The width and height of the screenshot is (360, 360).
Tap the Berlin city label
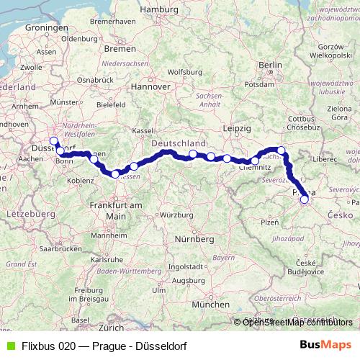(270, 65)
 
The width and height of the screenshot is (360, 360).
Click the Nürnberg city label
(197, 238)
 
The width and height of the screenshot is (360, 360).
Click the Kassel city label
(143, 130)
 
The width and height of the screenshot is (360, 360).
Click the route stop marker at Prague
(304, 199)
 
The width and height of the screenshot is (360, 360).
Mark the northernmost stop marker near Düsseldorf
(53, 141)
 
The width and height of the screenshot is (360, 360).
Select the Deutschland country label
(179, 143)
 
